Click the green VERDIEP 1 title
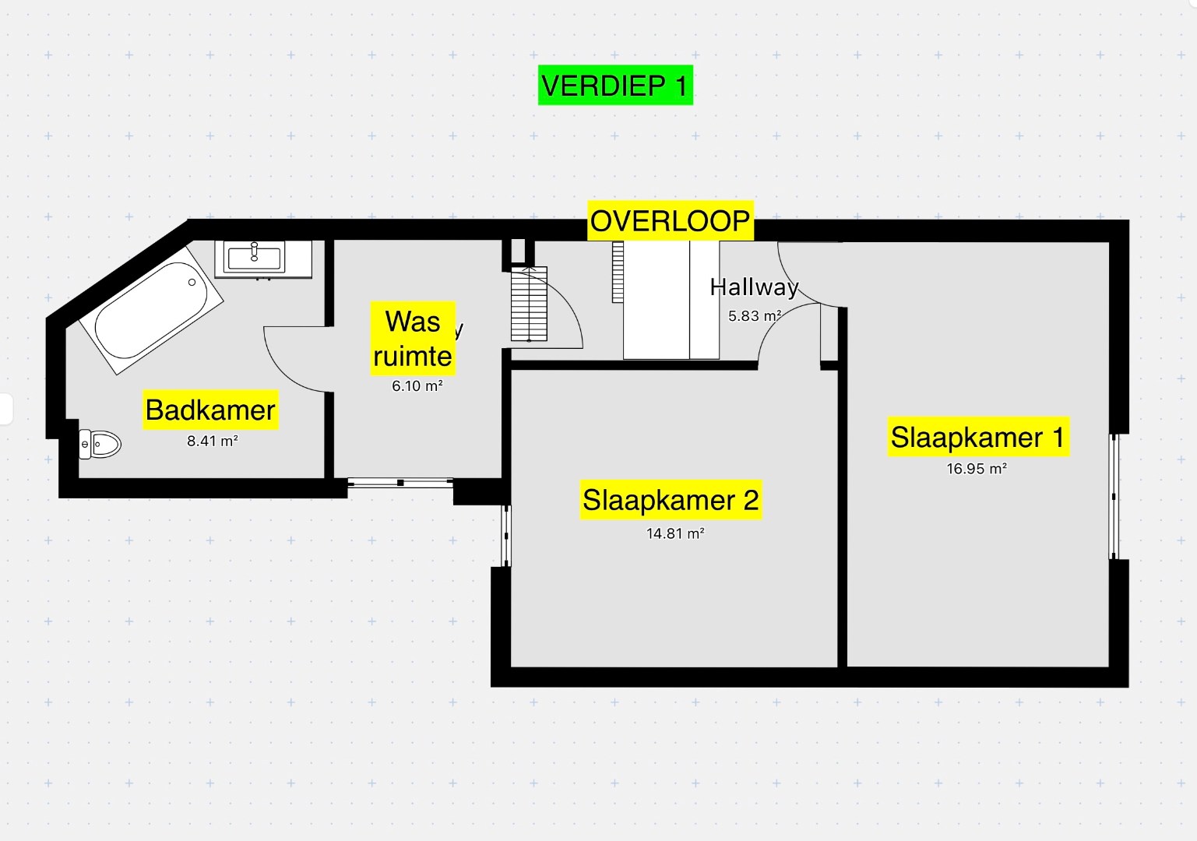[615, 85]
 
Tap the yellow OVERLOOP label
[670, 221]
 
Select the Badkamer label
[210, 410]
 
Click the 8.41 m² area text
[212, 441]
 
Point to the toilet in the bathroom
[100, 444]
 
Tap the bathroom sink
[255, 256]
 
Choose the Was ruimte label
[413, 339]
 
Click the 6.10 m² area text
[417, 385]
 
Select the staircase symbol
[529, 304]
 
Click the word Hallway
[754, 287]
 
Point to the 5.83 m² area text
[754, 316]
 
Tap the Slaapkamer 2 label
[671, 500]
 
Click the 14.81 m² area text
[675, 533]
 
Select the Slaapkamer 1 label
[977, 437]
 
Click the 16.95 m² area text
[977, 469]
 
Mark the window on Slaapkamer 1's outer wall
[1114, 496]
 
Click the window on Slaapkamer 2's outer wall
[506, 536]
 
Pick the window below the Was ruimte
[400, 483]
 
